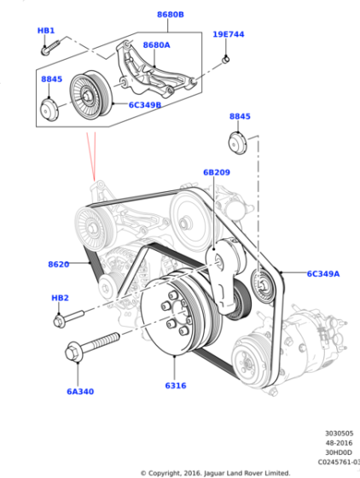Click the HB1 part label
46,31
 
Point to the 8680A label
157,45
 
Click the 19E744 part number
228,35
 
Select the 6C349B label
147,105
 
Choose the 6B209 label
217,172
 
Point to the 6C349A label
323,274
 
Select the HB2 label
60,298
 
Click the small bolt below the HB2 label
68,320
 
